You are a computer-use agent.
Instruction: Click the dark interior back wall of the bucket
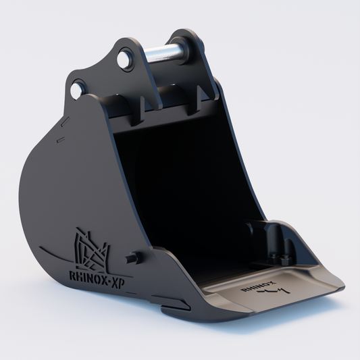coord(182,182)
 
